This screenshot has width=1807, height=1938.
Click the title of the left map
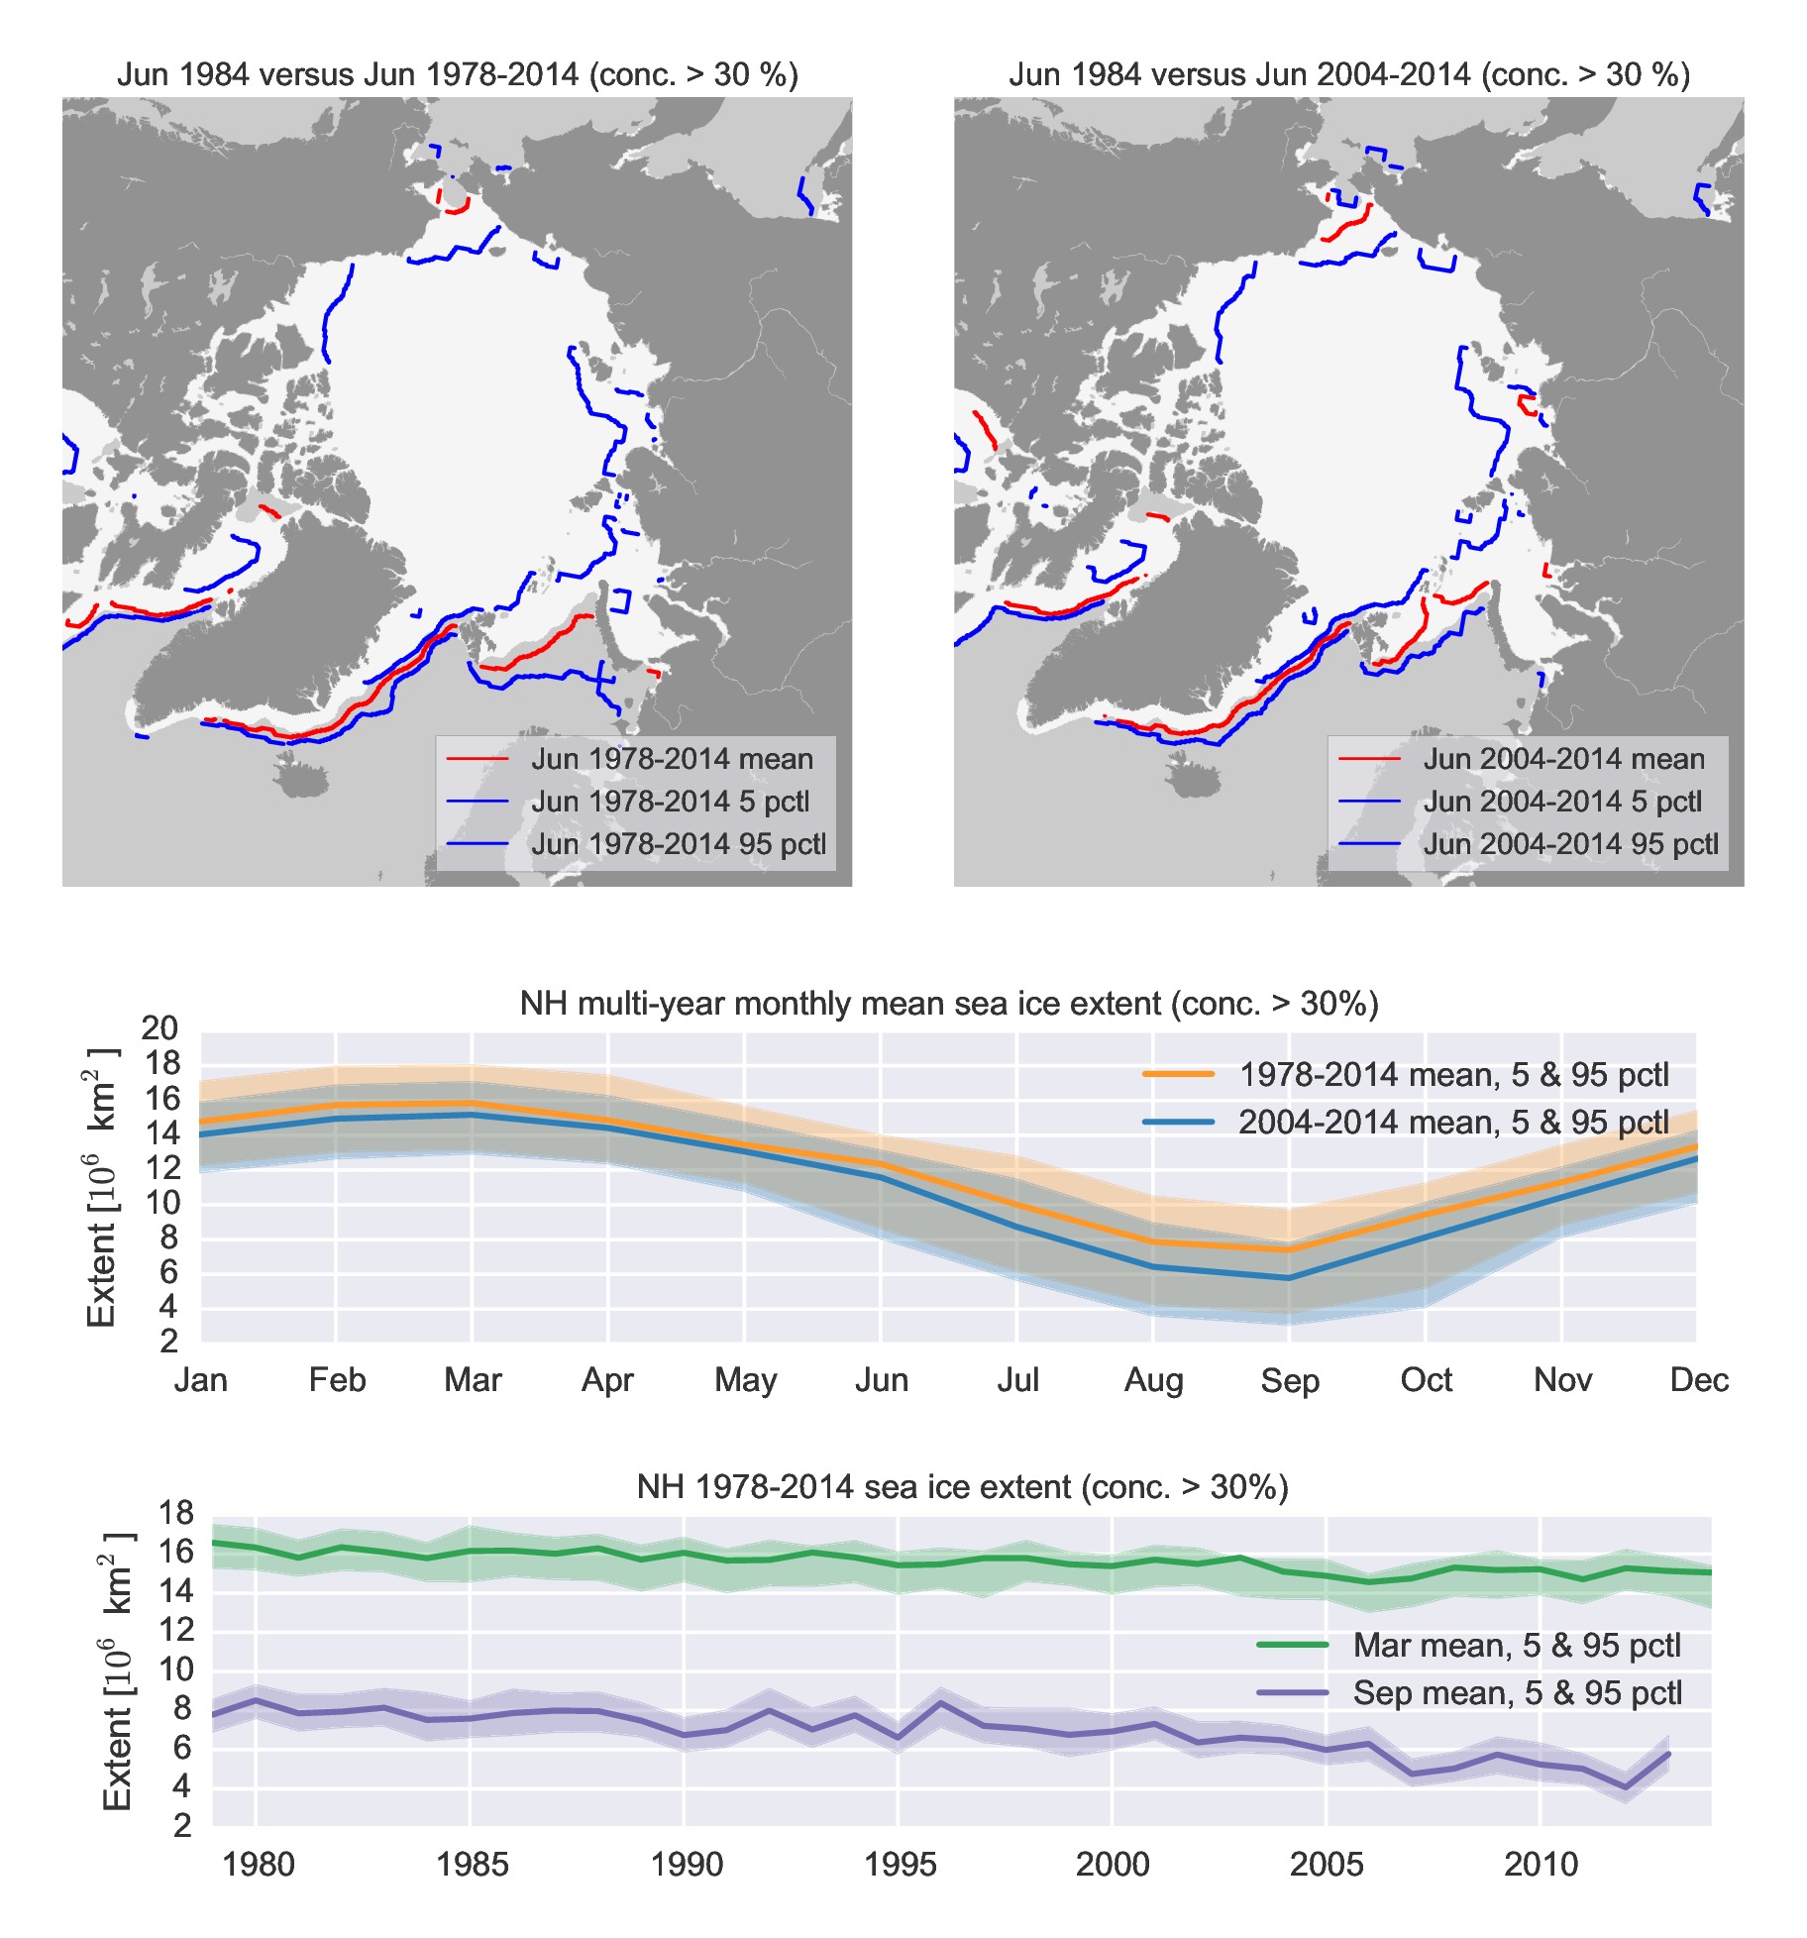457,75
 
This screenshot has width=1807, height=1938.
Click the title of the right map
1348,75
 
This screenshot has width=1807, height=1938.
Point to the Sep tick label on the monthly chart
1289,1380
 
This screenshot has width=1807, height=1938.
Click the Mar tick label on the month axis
473,1380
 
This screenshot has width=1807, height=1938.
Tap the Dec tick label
1698,1380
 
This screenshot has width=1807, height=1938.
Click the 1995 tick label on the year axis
899,1865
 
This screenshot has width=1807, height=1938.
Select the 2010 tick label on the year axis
1541,1865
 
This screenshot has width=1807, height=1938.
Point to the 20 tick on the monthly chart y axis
160,1028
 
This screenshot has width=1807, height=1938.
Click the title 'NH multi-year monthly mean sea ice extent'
948,1004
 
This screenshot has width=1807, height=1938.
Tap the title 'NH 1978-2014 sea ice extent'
962,1487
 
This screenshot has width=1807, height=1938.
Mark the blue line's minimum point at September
1288,1278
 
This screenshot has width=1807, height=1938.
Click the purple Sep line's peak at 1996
940,1702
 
